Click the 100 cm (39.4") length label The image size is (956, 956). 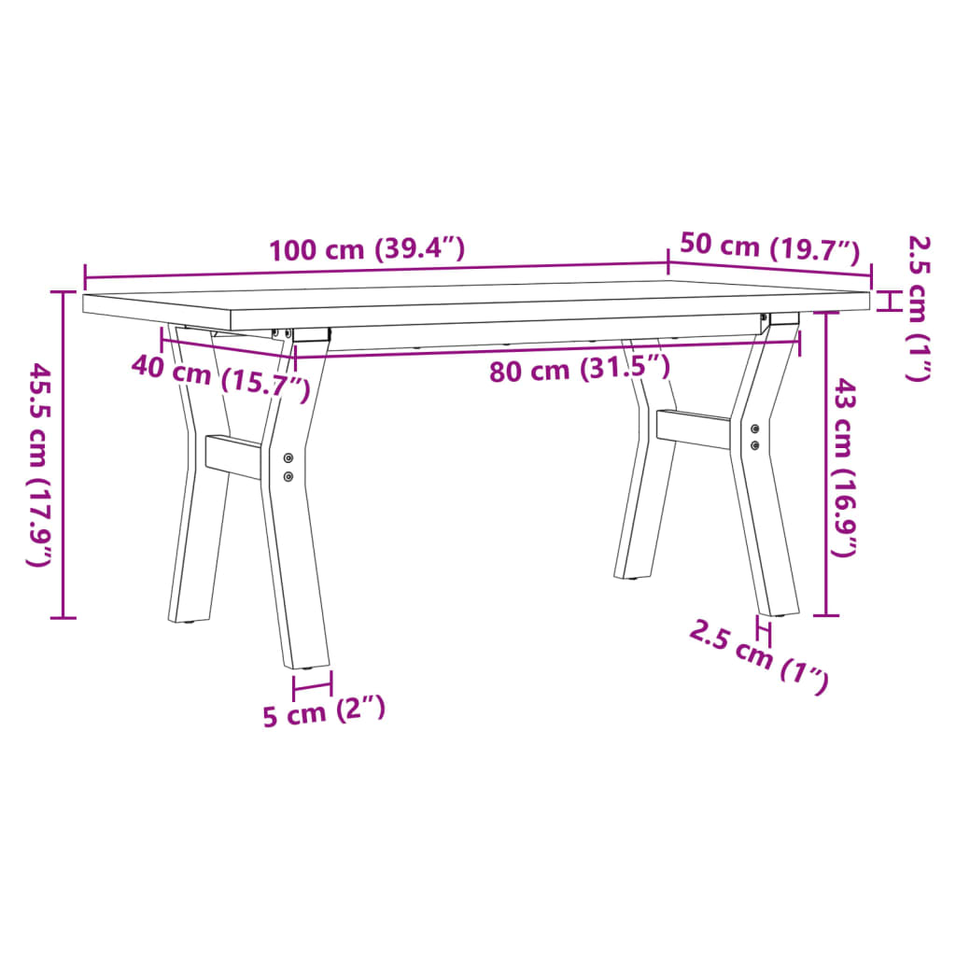(366, 250)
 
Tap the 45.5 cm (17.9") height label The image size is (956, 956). (39, 464)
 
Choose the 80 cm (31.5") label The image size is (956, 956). (580, 369)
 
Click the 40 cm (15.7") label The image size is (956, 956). (220, 377)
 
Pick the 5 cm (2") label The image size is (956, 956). (323, 714)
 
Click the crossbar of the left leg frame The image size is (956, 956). (233, 456)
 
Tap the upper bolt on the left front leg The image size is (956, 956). (288, 458)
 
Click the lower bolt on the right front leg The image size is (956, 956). (754, 443)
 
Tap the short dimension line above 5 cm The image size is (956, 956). (312, 688)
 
